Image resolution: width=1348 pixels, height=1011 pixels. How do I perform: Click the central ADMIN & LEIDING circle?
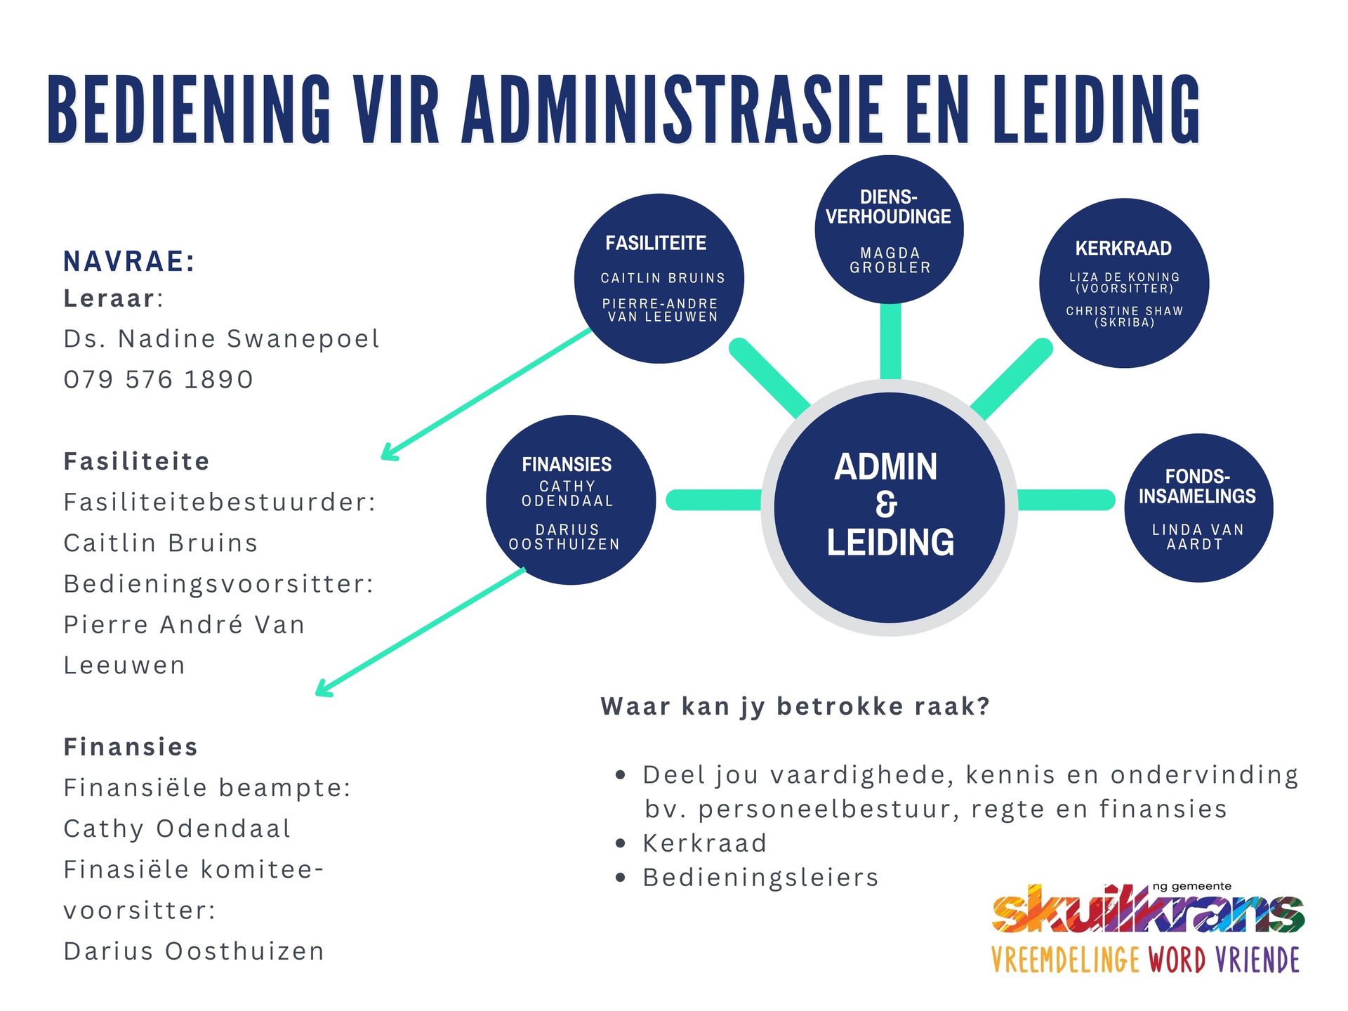tap(889, 507)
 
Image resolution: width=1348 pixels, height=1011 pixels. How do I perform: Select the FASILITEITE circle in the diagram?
tap(659, 278)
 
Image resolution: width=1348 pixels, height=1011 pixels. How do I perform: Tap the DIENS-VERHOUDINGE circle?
tap(889, 229)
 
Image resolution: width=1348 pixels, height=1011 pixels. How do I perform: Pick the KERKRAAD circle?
tap(1124, 283)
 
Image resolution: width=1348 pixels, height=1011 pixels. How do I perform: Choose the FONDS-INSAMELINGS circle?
tap(1198, 507)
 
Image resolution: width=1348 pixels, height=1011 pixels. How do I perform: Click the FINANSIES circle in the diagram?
tap(570, 500)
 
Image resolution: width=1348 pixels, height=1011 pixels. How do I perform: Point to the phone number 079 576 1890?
tap(159, 379)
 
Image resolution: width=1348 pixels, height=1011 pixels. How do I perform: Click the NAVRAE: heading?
tap(129, 261)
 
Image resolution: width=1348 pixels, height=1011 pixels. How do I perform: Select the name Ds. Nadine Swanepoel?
tap(222, 338)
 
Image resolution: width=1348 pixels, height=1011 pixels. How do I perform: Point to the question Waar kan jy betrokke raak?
tap(795, 706)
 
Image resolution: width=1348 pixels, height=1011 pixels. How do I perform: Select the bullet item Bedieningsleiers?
tap(760, 878)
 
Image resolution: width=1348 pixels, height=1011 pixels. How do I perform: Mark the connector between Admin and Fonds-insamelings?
tap(1066, 500)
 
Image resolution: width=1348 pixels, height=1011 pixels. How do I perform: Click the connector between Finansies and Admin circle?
tap(713, 500)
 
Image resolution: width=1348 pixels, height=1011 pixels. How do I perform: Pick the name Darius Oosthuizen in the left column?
tap(194, 951)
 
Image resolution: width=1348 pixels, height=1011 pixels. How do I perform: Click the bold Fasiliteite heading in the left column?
tap(137, 461)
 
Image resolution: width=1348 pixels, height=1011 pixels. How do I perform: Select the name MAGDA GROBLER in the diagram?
tap(890, 260)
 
